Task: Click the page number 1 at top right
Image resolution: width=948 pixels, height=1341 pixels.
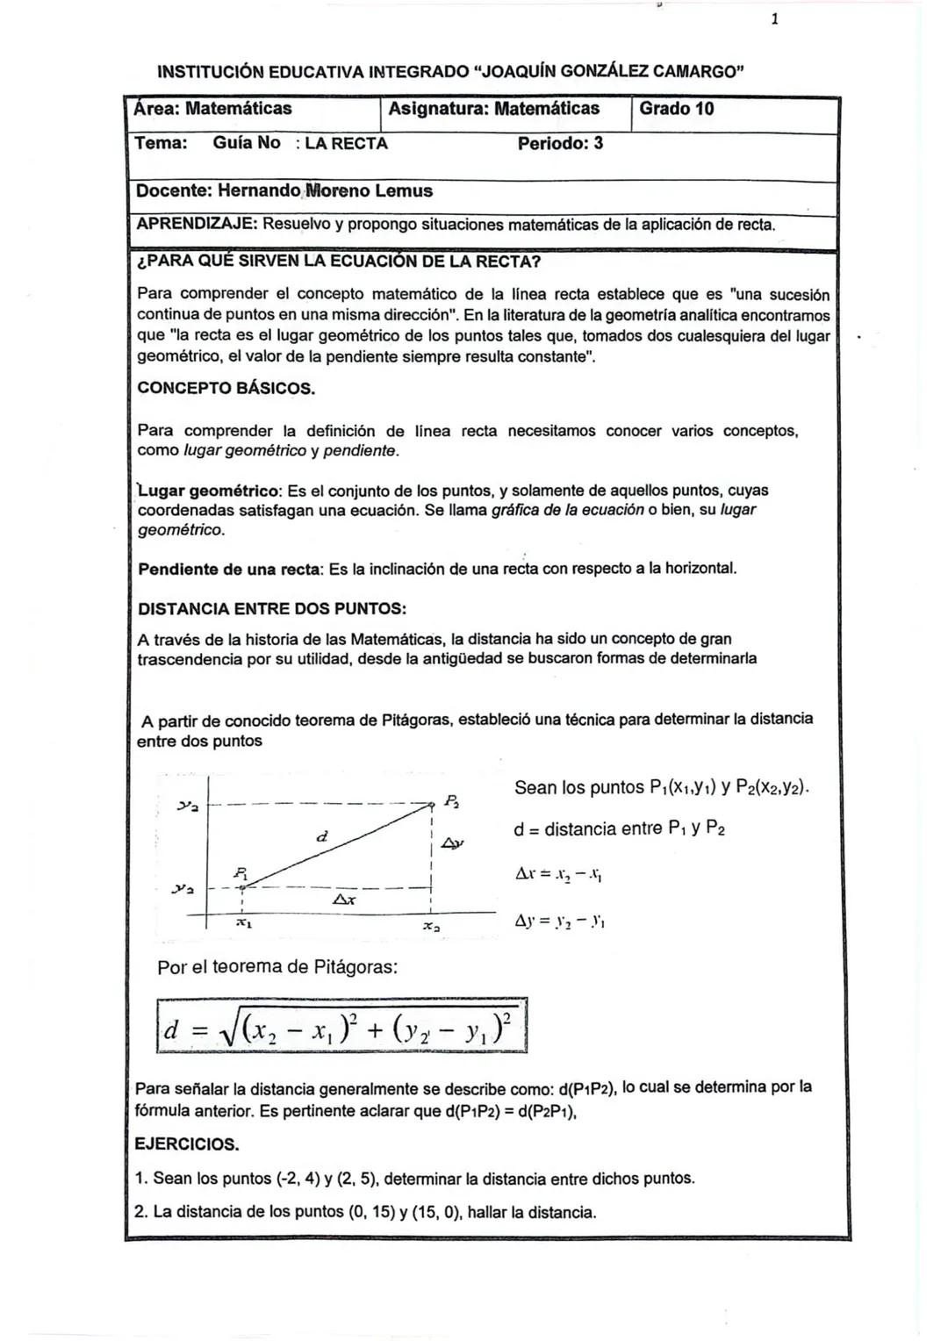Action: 774,19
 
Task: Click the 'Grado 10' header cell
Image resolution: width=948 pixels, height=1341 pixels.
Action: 676,109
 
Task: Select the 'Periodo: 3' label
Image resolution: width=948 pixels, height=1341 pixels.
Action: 560,143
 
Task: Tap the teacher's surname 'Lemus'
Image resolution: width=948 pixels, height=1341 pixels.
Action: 404,190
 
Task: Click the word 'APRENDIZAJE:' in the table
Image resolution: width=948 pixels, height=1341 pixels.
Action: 196,224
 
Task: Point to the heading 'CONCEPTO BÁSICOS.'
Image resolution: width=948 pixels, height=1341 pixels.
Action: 226,388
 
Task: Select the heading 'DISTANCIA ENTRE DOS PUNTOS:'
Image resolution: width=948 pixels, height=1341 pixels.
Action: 272,608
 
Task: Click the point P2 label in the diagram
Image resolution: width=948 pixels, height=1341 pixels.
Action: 451,800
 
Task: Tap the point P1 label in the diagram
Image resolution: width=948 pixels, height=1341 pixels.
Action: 241,872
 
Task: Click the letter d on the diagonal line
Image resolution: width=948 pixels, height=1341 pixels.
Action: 322,837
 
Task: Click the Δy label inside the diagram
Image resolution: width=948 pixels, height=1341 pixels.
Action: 452,843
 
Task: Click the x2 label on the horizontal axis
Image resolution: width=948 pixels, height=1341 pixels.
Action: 431,927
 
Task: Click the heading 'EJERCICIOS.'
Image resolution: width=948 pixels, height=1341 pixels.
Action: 186,1144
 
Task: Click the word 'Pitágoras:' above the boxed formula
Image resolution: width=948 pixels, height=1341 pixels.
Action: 355,967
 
